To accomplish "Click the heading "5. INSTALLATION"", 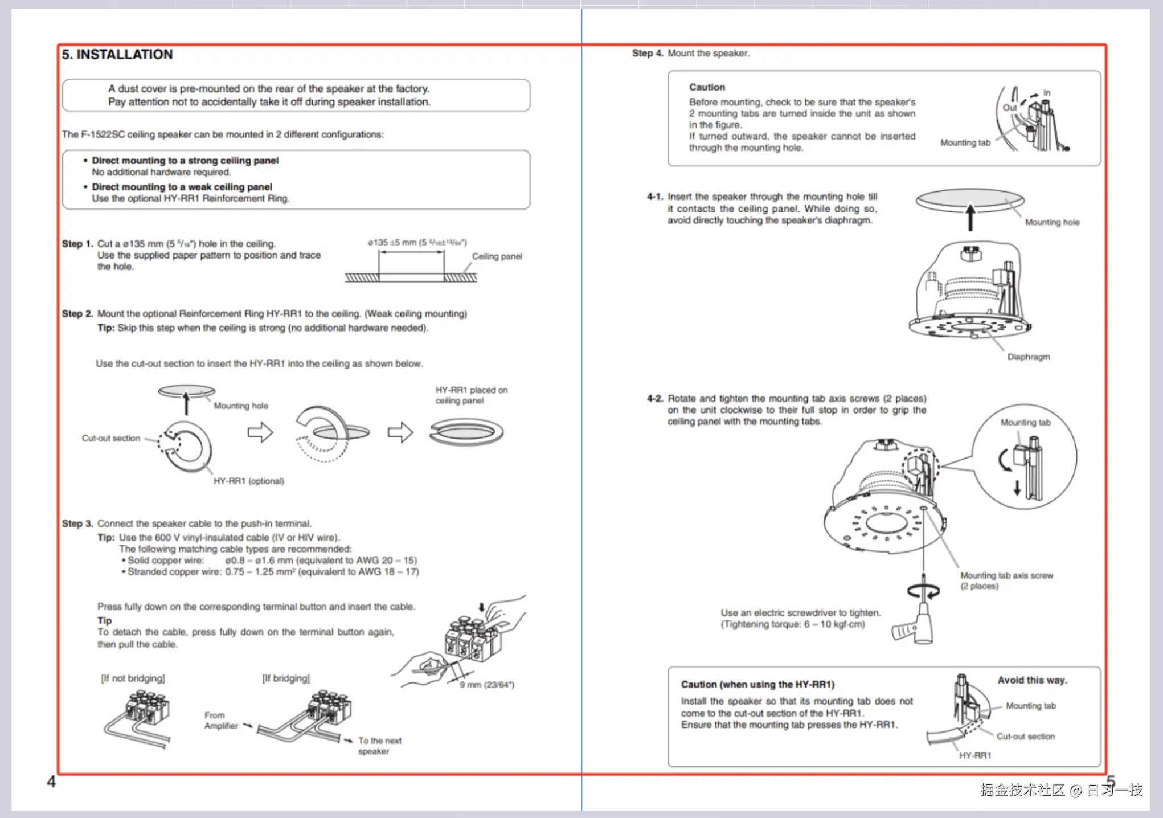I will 117,55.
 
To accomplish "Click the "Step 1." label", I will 77,244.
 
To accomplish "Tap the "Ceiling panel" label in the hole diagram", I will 497,256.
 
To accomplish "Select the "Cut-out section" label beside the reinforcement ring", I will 111,438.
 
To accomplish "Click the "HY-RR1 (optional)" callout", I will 248,481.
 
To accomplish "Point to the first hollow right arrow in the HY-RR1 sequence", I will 260,432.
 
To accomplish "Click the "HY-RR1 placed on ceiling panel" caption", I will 471,395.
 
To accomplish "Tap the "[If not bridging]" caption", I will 133,678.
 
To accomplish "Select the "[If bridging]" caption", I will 286,678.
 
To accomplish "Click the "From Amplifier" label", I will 221,721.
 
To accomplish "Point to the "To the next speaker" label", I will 379,746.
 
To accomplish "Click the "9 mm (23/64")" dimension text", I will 487,685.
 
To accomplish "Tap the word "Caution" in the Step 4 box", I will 707,87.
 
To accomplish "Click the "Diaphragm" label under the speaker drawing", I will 1028,357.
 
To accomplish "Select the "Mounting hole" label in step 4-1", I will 1052,222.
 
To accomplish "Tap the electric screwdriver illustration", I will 917,624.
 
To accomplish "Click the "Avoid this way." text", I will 1032,680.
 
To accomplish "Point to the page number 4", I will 51,782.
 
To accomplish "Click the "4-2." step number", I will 655,399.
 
